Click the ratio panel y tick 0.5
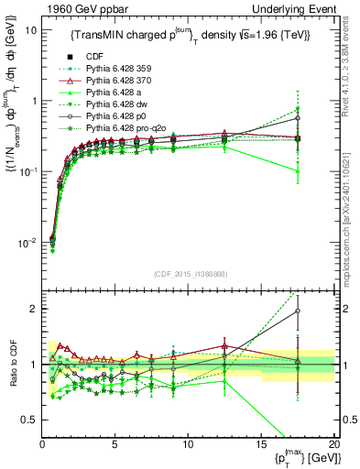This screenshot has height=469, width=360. (30, 420)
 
